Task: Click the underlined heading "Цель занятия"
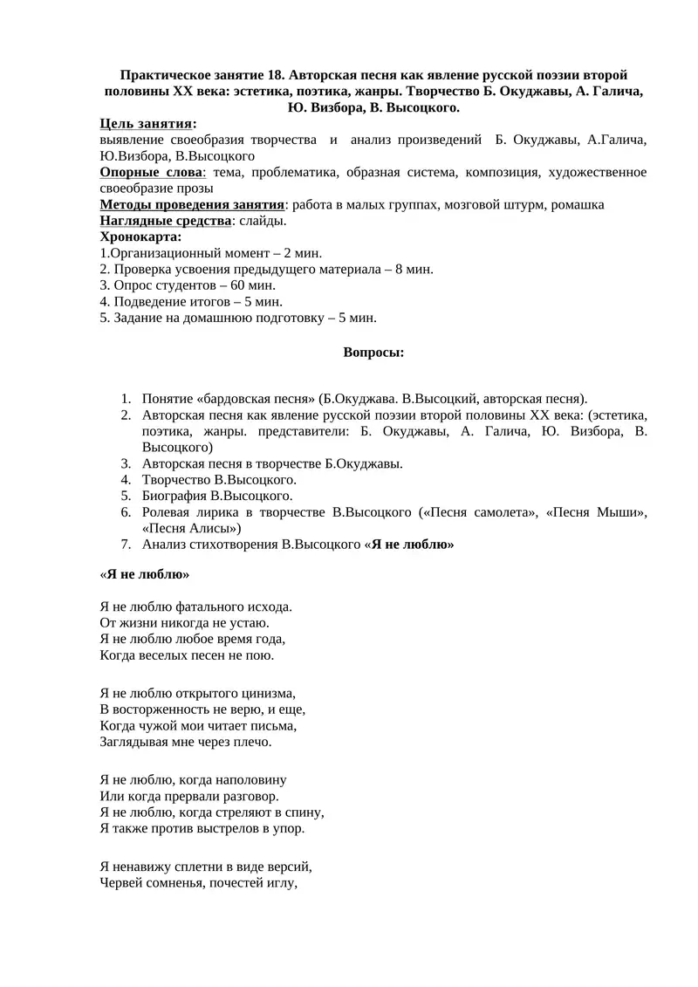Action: (x=146, y=124)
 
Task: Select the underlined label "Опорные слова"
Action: (x=151, y=173)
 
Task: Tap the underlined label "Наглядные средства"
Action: (x=166, y=221)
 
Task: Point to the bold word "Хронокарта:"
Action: (x=141, y=236)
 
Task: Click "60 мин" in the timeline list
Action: (x=253, y=284)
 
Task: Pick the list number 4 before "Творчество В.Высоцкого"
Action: (x=126, y=480)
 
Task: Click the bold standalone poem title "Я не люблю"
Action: (x=145, y=575)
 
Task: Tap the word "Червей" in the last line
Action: (x=120, y=882)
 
